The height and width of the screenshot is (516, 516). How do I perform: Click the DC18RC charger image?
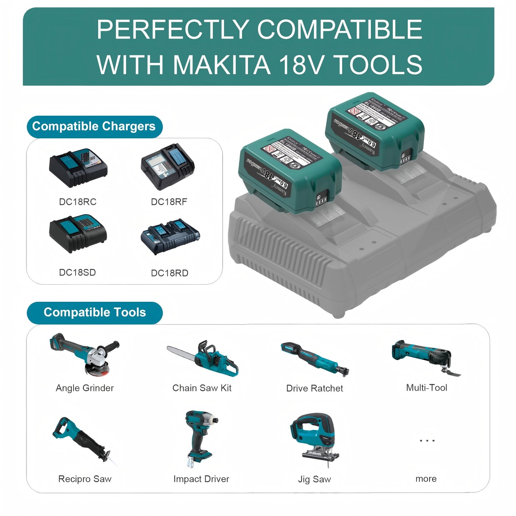point(78,167)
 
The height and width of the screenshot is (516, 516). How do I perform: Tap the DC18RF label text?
point(169,202)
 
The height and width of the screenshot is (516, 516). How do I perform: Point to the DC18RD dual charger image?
point(170,236)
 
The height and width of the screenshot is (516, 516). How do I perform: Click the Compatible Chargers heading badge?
point(94,126)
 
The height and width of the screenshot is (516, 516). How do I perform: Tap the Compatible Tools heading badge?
point(95,312)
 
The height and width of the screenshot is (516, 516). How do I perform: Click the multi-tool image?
point(426,357)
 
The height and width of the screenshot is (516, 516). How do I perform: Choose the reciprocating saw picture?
point(84,441)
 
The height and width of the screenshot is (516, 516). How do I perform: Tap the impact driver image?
point(199,438)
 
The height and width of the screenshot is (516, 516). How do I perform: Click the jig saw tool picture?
point(314,439)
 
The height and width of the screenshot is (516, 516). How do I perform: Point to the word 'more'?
point(426,479)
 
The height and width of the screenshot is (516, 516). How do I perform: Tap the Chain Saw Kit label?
point(202,388)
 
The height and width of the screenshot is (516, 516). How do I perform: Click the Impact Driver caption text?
point(201,479)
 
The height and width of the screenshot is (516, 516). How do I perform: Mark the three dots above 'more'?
point(427,441)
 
